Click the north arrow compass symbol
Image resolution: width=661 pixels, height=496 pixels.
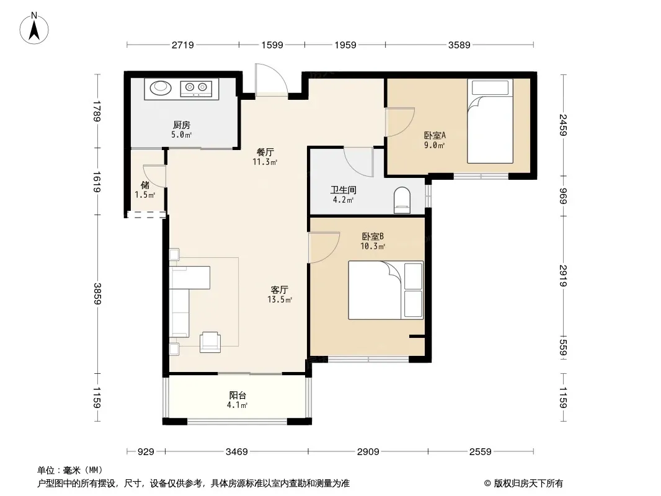[34, 29]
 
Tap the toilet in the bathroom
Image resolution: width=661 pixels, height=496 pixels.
[402, 200]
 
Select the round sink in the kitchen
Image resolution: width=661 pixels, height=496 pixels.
[161, 87]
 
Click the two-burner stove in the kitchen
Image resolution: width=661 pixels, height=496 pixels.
[197, 88]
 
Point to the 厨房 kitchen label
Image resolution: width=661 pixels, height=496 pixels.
[182, 125]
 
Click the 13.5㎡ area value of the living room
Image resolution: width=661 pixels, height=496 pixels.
[280, 299]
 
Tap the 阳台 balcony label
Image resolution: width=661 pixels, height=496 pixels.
[237, 396]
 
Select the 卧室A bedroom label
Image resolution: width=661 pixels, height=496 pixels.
[435, 136]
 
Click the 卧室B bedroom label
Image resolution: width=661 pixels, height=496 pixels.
[373, 236]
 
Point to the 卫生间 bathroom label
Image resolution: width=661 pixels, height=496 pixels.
[343, 190]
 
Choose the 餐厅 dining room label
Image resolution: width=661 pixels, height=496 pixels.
[265, 152]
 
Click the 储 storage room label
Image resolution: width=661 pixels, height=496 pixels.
[145, 185]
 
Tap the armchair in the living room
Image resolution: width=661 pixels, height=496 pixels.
[210, 342]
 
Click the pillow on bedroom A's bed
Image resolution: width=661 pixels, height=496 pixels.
[490, 87]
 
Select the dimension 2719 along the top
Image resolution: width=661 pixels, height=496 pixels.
[182, 45]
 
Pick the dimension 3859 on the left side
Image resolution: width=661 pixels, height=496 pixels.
[97, 294]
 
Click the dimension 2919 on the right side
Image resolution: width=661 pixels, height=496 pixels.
[563, 276]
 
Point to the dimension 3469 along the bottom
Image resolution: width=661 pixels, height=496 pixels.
[236, 452]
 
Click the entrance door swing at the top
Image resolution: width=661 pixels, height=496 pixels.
[271, 80]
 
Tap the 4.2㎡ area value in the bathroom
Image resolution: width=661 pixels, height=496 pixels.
[343, 200]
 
